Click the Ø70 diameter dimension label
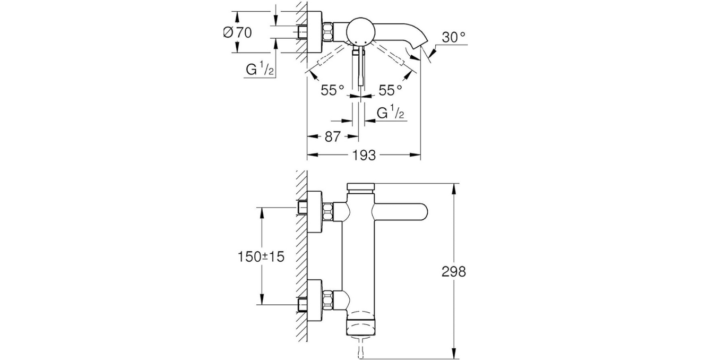coord(237,32)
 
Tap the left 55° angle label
coord(332,90)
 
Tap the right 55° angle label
coord(390,90)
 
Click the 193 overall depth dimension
coord(364,156)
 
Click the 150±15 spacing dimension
coord(261,256)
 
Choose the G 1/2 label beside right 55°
coord(391,113)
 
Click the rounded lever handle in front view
coord(403,212)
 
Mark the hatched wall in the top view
coord(302,32)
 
